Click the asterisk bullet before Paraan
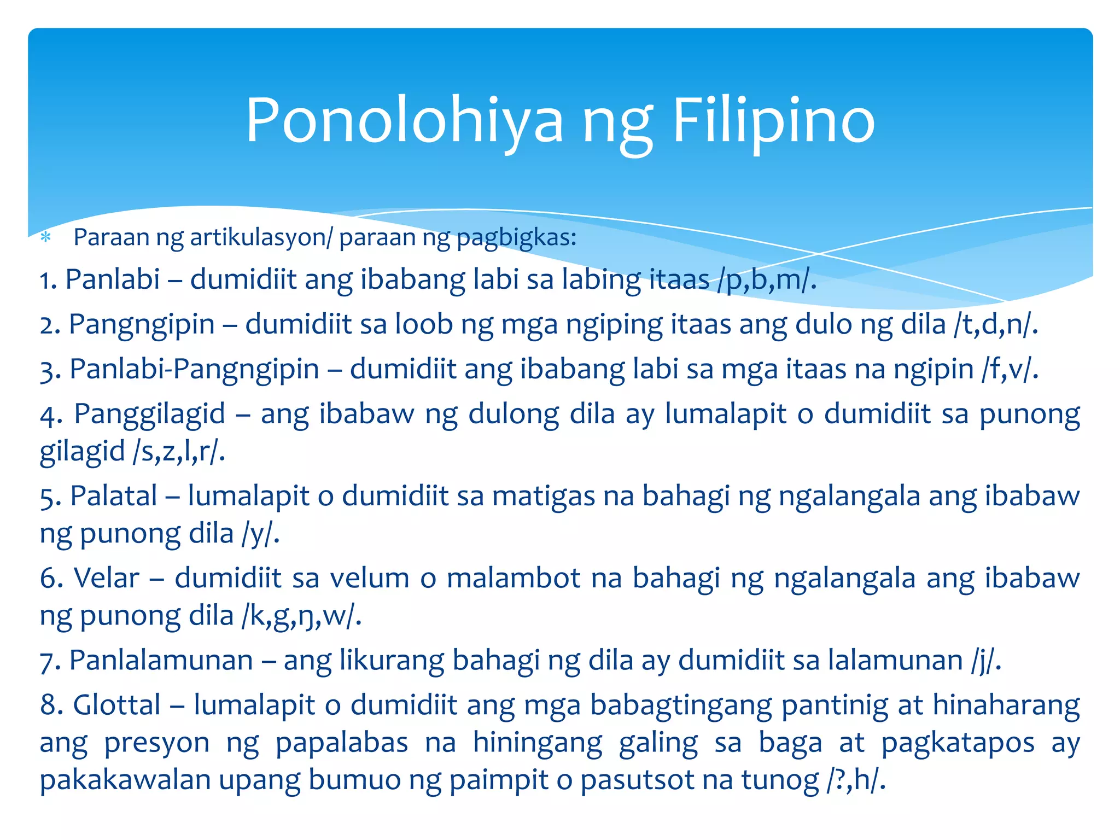(46, 238)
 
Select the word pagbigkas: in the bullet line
(517, 238)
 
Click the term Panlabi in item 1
(113, 279)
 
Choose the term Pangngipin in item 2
(142, 324)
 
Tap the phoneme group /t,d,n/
(995, 324)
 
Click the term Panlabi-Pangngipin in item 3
(195, 369)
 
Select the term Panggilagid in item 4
(149, 414)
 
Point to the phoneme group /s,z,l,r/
(178, 452)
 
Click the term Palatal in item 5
(114, 496)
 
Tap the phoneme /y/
(260, 534)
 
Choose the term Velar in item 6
(106, 578)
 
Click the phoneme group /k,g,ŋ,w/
(301, 616)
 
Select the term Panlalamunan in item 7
(161, 660)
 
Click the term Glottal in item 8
(117, 705)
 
